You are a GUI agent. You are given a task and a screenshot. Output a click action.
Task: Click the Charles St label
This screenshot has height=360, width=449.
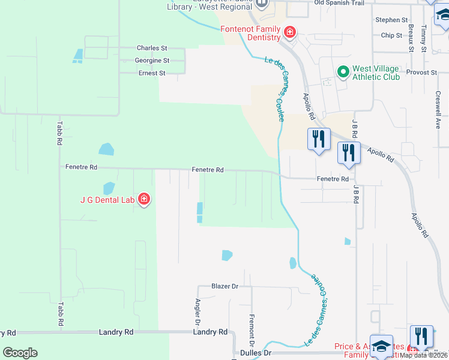151,48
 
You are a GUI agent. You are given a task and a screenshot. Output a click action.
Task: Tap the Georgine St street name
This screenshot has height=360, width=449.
152,61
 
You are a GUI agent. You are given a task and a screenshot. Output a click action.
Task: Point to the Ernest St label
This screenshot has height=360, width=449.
152,73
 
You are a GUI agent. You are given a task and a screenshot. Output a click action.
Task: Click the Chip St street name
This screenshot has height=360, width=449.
391,35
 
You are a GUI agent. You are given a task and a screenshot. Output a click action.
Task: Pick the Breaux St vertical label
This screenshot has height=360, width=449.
411,37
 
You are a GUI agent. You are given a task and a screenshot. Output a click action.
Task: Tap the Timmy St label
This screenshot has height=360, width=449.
424,38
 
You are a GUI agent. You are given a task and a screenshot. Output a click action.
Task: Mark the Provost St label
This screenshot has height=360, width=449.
424,72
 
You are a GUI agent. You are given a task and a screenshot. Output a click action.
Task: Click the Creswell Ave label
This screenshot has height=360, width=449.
438,110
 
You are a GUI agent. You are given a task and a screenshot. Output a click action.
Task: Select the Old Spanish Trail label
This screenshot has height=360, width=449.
339,3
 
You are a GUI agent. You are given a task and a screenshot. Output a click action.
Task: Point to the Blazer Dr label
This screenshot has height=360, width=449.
225,287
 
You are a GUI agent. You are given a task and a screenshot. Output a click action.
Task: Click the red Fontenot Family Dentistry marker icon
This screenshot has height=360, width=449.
290,32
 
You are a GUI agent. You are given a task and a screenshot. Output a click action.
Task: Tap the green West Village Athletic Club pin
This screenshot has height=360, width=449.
343,73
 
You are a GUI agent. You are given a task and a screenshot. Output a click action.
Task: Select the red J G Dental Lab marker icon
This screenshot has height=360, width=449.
143,199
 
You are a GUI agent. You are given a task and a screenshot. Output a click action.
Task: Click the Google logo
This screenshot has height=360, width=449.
20,353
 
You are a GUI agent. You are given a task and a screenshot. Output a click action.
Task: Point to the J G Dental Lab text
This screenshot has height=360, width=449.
107,200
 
